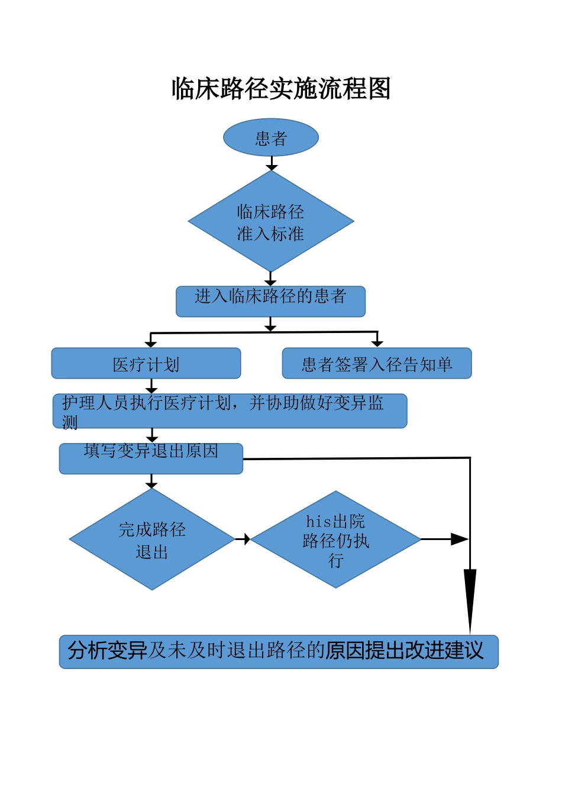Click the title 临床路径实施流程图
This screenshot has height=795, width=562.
click(281, 89)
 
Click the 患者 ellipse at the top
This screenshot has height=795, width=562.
click(271, 138)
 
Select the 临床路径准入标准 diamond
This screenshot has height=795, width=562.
click(271, 222)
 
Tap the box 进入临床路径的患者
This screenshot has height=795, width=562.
click(270, 302)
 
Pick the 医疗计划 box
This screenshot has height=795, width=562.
click(146, 363)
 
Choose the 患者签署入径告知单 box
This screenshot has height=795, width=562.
click(377, 363)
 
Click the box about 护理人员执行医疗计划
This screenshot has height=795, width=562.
click(230, 411)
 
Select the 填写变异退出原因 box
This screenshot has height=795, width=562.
click(151, 458)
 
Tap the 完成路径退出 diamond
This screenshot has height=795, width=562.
click(152, 539)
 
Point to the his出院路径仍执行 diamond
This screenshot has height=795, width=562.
click(335, 539)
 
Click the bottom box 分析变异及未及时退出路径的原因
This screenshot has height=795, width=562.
click(279, 652)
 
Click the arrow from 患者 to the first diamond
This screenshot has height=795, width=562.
click(272, 164)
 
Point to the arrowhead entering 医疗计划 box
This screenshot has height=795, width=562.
click(151, 344)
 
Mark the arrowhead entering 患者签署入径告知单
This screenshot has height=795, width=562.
click(377, 343)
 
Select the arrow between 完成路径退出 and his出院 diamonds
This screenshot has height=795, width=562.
click(243, 539)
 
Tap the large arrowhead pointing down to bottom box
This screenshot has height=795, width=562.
click(470, 597)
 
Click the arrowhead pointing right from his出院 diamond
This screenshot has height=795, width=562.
click(459, 539)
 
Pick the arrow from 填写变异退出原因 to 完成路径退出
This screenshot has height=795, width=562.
click(152, 481)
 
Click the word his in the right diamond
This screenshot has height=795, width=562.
click(318, 521)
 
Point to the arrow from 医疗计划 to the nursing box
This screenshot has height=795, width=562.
click(151, 386)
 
